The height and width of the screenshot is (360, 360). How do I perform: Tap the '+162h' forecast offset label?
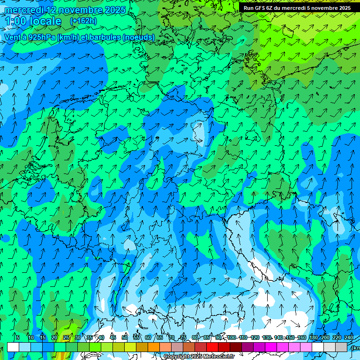pyautogui.click(x=83, y=21)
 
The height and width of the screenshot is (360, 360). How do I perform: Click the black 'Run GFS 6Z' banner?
pyautogui.click(x=297, y=8)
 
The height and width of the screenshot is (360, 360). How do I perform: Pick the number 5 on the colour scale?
pyautogui.click(x=18, y=337)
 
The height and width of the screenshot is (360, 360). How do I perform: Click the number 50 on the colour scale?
pyautogui.click(x=124, y=337)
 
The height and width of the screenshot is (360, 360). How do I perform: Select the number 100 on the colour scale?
pyautogui.click(x=231, y=337)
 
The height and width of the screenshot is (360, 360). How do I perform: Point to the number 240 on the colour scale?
pyautogui.click(x=349, y=337)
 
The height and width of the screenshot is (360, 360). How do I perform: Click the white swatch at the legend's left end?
pyautogui.click(x=13, y=347)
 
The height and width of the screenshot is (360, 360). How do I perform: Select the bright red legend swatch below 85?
pyautogui.click(x=213, y=347)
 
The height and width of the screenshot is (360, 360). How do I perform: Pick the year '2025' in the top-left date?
pyautogui.click(x=114, y=10)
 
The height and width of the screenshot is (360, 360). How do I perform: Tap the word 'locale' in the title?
pyautogui.click(x=45, y=21)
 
